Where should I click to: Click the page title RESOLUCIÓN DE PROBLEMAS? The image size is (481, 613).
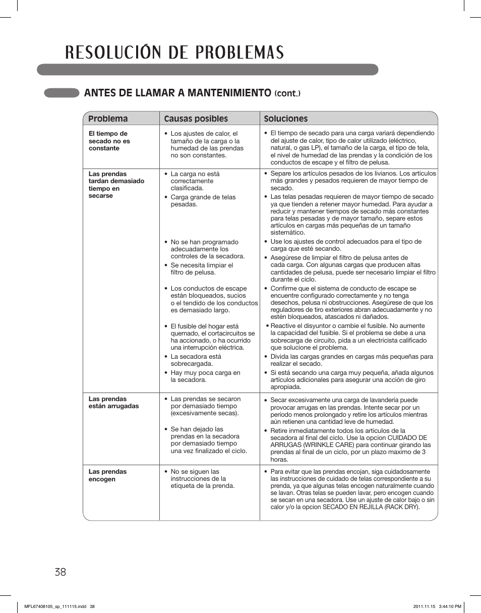pos(174,52)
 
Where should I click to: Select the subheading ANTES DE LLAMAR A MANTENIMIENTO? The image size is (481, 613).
pos(177,93)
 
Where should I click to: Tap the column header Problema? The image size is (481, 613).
pos(108,119)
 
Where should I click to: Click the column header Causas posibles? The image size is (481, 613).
pos(196,119)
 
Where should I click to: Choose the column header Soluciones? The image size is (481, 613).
pos(285,119)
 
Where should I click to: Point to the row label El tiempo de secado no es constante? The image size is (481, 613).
pos(109,141)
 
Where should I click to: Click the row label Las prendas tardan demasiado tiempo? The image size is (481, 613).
pos(116,185)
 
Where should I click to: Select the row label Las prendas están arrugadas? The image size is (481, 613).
pos(113,403)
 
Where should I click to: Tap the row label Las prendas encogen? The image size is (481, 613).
pos(107,475)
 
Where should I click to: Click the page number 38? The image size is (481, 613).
pos(59,572)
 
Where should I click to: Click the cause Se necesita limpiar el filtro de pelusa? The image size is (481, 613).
pos(201,268)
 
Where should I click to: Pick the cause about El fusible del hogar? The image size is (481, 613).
pos(212,337)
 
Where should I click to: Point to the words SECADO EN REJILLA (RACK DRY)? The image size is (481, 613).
pos(371,507)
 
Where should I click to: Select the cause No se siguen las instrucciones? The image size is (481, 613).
pos(202,479)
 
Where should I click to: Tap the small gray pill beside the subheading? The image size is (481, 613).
pos(62,93)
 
